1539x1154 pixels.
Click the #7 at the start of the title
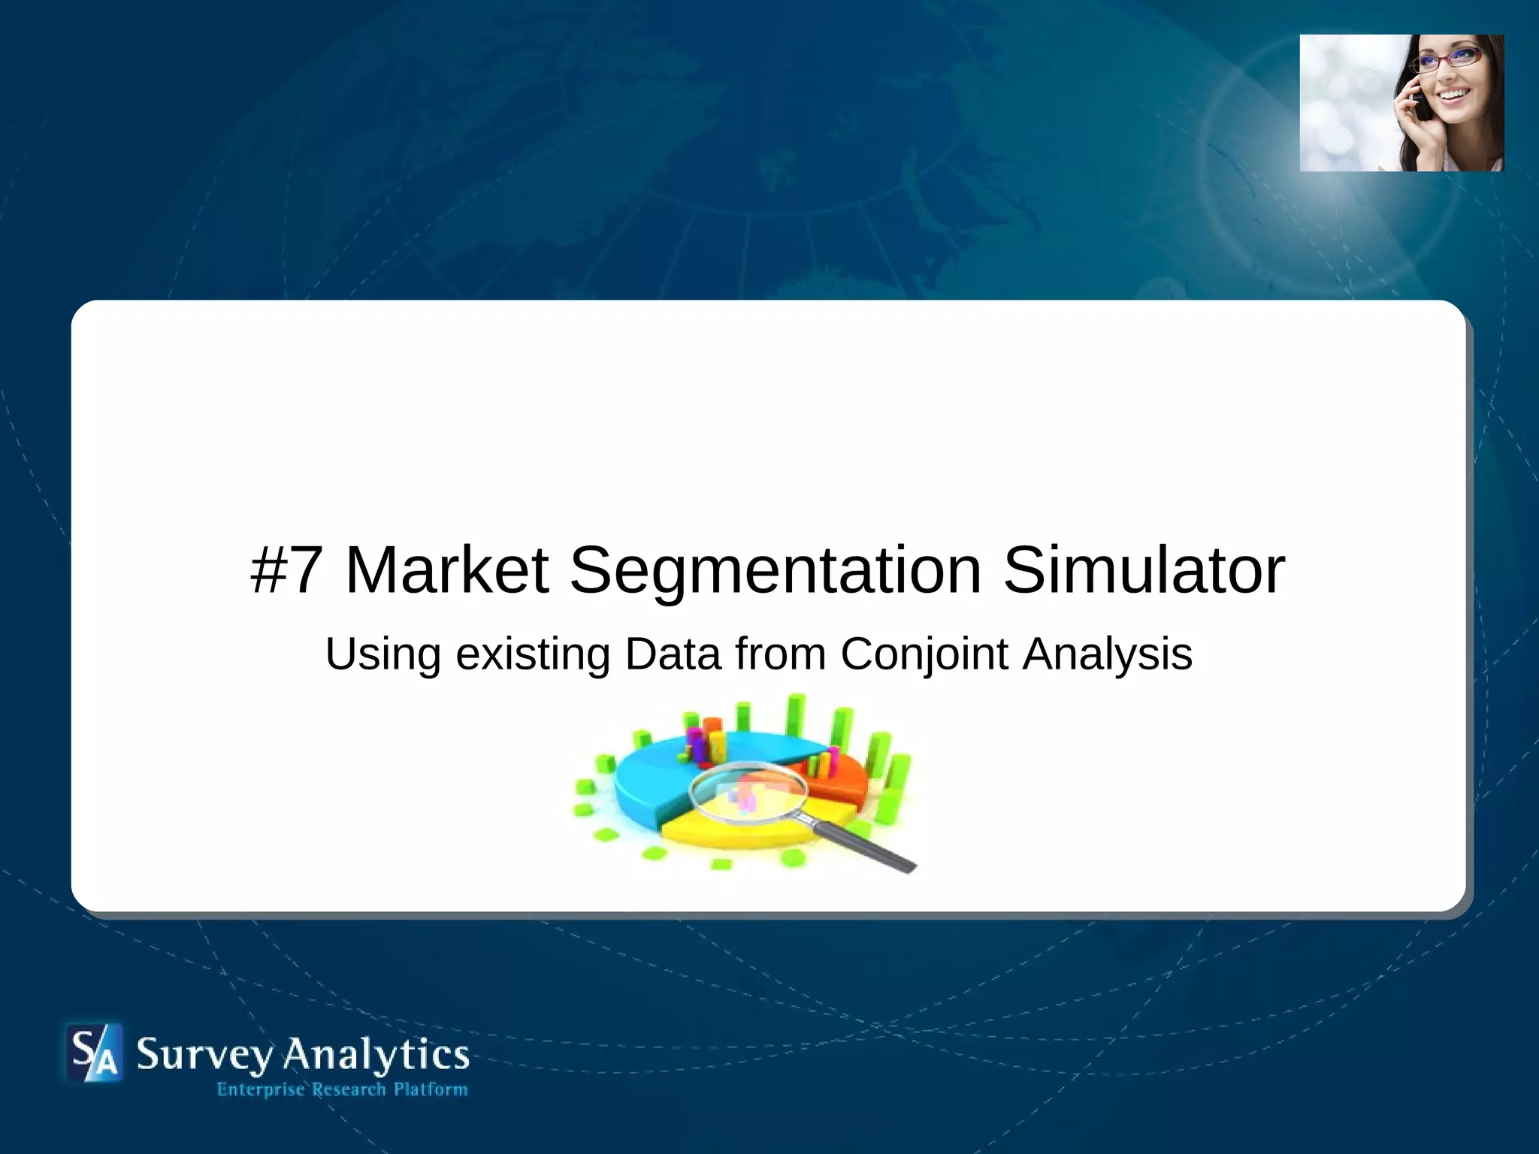[286, 570]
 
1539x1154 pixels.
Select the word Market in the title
[446, 570]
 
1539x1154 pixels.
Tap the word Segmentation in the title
[775, 570]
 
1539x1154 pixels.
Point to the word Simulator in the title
[1144, 570]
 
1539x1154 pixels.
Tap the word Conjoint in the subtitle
[924, 654]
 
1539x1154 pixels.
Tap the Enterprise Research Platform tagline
[342, 1089]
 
